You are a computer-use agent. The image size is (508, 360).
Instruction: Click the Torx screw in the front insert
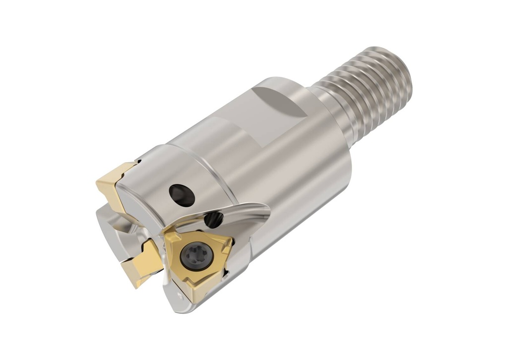coord(196,256)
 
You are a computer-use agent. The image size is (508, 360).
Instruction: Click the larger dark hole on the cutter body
coord(182,195)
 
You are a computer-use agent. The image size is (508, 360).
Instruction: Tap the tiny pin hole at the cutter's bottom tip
coord(180,298)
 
